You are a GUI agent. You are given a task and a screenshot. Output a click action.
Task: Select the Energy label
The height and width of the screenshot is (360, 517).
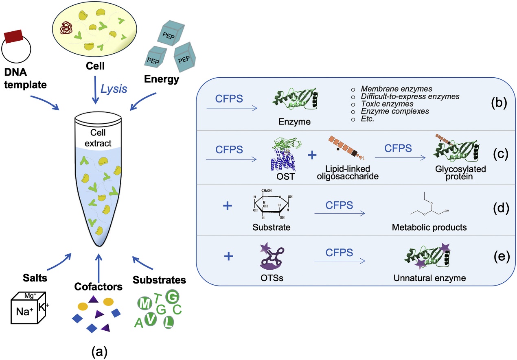point(161,79)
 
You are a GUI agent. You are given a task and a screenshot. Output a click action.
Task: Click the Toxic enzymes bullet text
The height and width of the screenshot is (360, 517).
point(382,104)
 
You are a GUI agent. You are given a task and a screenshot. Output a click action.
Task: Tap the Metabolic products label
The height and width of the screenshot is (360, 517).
point(429,227)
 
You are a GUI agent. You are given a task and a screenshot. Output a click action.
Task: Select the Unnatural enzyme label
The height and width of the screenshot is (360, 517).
point(429,278)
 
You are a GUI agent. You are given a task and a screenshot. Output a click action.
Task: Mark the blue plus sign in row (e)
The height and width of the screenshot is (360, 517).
point(229,256)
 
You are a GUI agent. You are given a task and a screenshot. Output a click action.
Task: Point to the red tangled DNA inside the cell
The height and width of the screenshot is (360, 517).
point(66,28)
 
